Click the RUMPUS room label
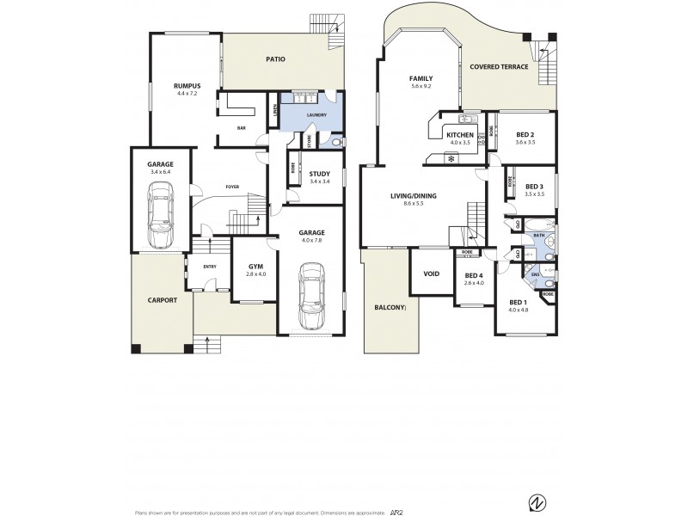click(x=187, y=86)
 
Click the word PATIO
click(x=275, y=59)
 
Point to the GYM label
click(x=255, y=267)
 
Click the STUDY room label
click(x=319, y=175)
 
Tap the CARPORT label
click(x=162, y=300)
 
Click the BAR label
click(x=242, y=129)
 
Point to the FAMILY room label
click(x=420, y=78)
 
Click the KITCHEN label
click(x=459, y=135)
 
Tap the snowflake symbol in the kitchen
click(x=451, y=159)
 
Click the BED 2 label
click(x=525, y=135)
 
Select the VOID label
click(x=431, y=274)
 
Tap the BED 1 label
click(x=517, y=302)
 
